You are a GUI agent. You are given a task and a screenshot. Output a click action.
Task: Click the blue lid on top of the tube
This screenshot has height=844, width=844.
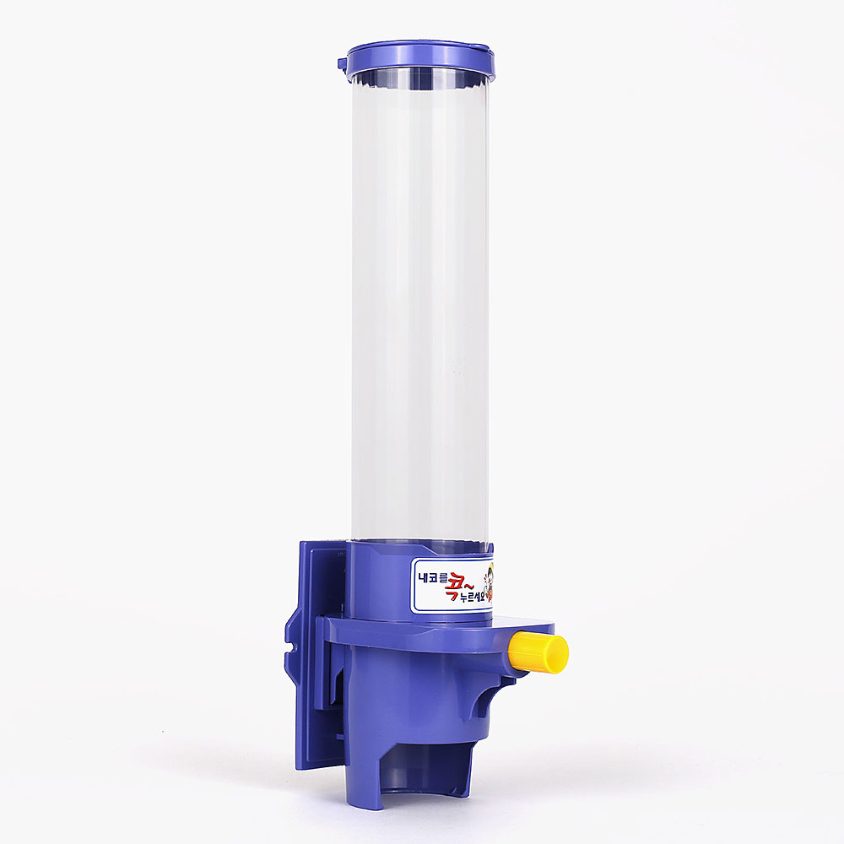coord(419,58)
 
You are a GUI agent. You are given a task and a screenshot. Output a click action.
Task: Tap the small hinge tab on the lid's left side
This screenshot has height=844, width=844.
coord(343,64)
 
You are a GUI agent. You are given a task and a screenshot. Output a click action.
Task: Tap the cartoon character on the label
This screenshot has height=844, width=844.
coord(489,584)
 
